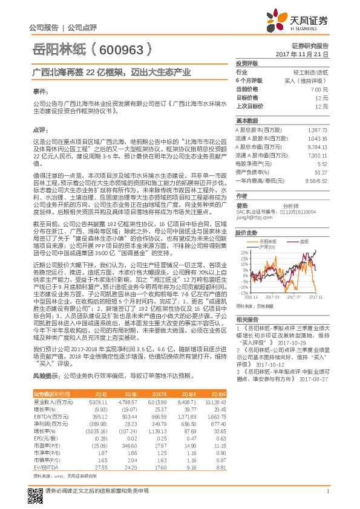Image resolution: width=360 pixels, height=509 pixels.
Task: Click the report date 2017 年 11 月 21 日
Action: pyautogui.click(x=310, y=54)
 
